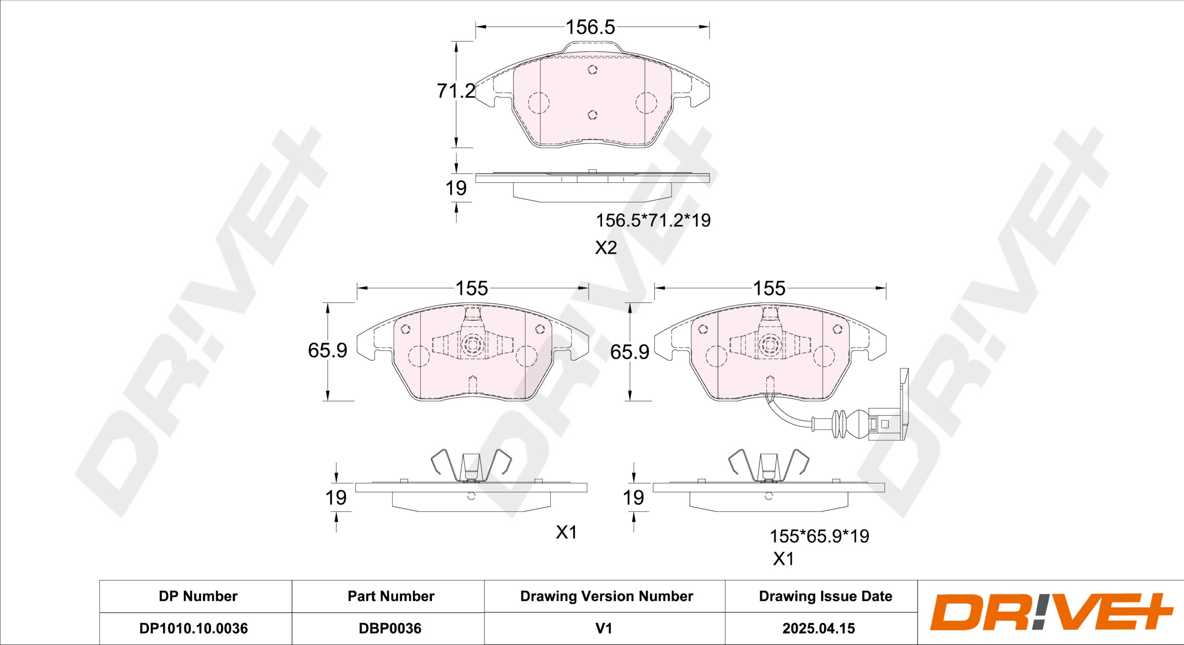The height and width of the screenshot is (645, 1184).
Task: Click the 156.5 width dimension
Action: pos(591,27)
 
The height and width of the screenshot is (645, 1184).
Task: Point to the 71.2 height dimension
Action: pos(456,90)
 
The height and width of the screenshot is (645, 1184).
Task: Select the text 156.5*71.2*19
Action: pos(653,221)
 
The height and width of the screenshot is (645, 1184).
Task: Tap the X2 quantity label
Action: pos(606,248)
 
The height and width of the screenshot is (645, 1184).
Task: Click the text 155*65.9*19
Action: pos(819,536)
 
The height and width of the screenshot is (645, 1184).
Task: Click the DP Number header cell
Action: pos(198,596)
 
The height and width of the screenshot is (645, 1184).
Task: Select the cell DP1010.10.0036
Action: pos(193,628)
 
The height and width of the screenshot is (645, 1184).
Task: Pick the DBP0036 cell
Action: pos(390,628)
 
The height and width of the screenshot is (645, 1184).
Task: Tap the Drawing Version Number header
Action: pos(607,596)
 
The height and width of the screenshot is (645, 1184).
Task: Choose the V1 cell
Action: pos(604,628)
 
